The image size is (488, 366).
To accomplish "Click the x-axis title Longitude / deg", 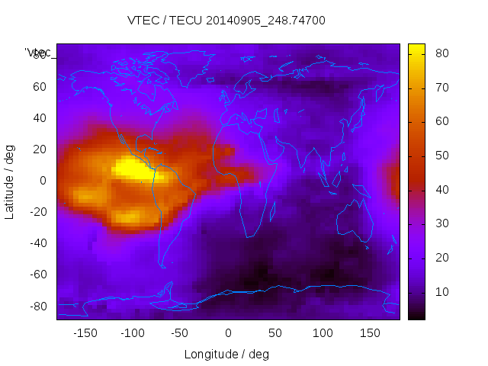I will pyautogui.click(x=226, y=354).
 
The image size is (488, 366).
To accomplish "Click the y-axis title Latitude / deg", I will pyautogui.click(x=10, y=181).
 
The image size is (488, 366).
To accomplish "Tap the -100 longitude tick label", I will pyautogui.click(x=132, y=333).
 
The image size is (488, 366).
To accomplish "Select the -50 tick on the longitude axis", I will pyautogui.click(x=180, y=333).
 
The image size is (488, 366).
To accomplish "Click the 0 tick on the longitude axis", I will pyautogui.click(x=228, y=333).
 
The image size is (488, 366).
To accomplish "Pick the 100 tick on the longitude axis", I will pyautogui.click(x=323, y=333).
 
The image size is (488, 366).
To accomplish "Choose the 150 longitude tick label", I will pyautogui.click(x=370, y=333).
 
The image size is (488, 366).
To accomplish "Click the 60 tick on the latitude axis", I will pyautogui.click(x=40, y=87).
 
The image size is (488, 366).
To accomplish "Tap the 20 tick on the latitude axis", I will pyautogui.click(x=40, y=149).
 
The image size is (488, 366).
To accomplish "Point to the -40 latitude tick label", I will pyautogui.click(x=37, y=243).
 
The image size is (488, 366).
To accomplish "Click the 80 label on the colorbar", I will pyautogui.click(x=441, y=53).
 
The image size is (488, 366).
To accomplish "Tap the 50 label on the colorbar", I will pyautogui.click(x=441, y=156).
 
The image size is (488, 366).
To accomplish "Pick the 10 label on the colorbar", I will pyautogui.click(x=441, y=292).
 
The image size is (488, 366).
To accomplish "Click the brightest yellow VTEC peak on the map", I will pyautogui.click(x=131, y=167).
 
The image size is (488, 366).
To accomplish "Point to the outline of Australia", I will pyautogui.click(x=356, y=221).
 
